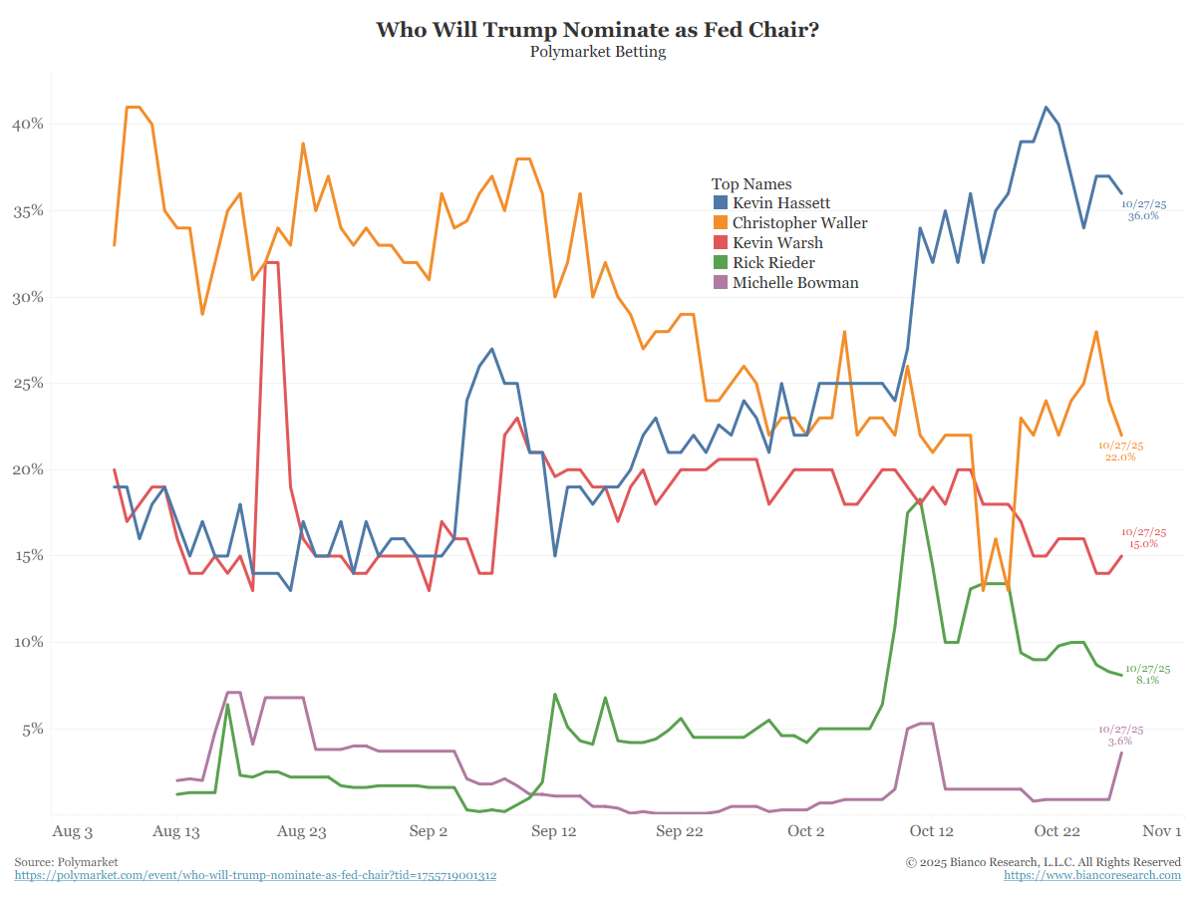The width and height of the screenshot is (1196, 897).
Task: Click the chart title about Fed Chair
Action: click(598, 29)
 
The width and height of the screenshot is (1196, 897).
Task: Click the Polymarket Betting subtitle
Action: click(598, 52)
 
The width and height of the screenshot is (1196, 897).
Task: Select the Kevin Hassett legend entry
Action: click(780, 203)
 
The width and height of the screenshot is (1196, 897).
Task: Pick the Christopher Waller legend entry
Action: click(799, 223)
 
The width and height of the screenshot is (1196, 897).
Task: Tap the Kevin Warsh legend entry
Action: click(777, 243)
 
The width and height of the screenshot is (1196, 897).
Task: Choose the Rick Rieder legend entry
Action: click(773, 263)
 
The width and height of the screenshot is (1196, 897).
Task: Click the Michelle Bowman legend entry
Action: click(795, 283)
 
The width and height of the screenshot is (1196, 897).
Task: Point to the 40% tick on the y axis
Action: click(27, 125)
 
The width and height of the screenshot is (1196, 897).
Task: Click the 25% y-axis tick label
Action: click(27, 384)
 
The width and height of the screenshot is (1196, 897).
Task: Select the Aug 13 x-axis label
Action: click(176, 831)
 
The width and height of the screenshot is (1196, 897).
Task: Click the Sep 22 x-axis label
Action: click(680, 831)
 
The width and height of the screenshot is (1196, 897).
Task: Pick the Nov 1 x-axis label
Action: click(1162, 831)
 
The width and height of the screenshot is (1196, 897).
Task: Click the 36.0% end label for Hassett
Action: click(1143, 215)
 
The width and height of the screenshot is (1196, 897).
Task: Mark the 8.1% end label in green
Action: click(1147, 680)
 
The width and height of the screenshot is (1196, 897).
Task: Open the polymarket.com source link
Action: click(255, 875)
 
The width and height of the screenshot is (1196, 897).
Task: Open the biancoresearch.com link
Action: click(1092, 875)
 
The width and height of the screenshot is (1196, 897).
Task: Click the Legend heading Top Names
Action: click(751, 184)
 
